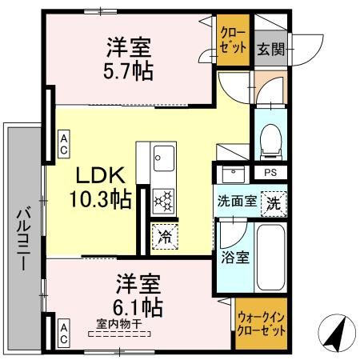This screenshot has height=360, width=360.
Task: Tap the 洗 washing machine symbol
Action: (274, 202)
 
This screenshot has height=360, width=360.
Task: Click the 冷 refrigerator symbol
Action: (163, 238)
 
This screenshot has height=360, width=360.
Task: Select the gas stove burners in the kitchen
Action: (163, 200)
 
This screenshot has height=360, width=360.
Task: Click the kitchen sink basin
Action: (163, 154)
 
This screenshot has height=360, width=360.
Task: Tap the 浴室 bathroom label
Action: (233, 258)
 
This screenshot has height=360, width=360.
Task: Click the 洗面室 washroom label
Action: (237, 202)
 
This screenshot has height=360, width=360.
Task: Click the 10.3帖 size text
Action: (102, 200)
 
